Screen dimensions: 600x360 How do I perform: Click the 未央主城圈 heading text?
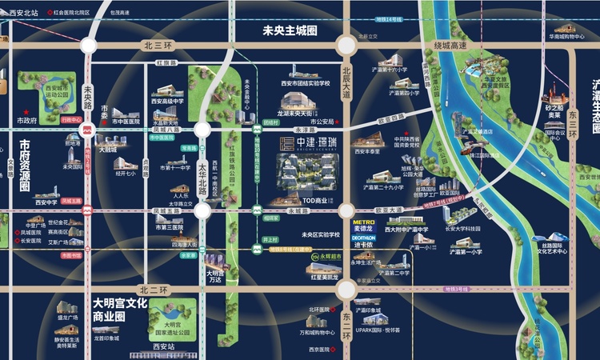tap(290, 30)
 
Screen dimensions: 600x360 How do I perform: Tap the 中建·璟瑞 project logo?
tap(305, 144)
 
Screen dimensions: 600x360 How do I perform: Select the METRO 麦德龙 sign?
tap(364, 225)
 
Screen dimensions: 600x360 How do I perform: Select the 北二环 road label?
tap(151, 289)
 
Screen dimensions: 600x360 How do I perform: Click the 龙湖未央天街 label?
tap(298, 114)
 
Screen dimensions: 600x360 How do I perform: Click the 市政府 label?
tap(27, 121)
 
